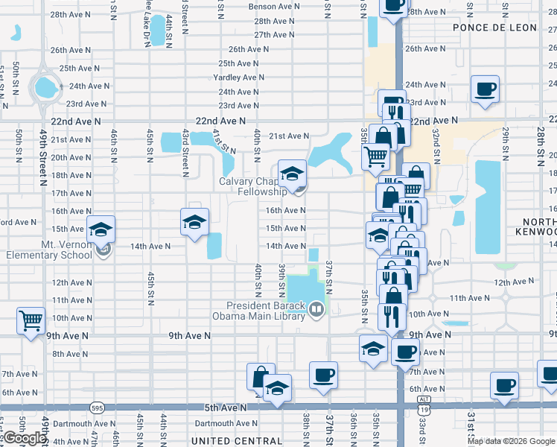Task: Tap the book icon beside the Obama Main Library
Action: click(317, 308)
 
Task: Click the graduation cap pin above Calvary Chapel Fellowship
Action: click(293, 174)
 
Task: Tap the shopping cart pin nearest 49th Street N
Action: click(31, 321)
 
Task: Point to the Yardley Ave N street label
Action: click(238, 77)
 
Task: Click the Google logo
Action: click(24, 438)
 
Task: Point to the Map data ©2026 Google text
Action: click(512, 441)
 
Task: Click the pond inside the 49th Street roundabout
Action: click(47, 88)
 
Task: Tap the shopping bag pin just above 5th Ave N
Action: click(261, 377)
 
